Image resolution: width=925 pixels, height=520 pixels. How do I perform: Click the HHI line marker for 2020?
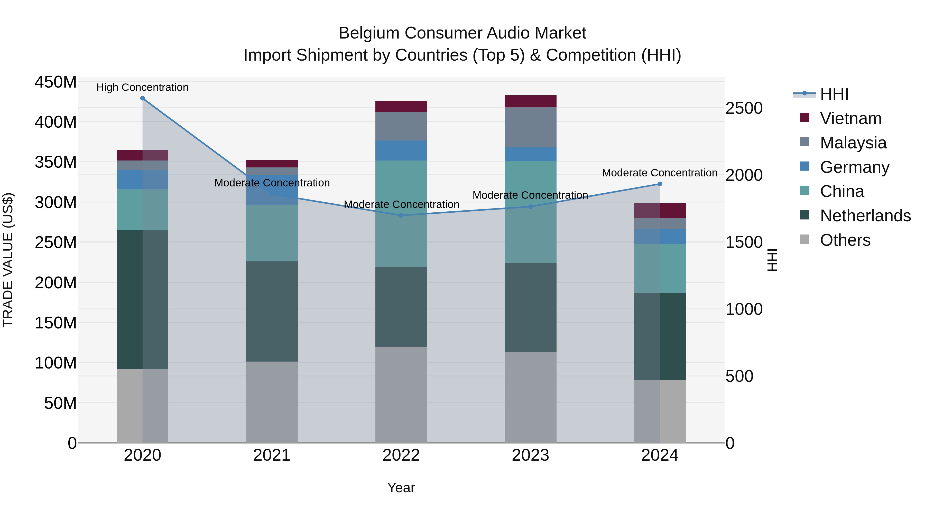143,98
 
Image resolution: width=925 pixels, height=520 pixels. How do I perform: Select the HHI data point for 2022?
401,215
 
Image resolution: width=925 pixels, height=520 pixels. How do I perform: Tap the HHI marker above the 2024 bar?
660,184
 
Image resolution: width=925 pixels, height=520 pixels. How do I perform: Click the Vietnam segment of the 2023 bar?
530,101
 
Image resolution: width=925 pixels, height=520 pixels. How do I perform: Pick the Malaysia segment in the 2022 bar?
401,126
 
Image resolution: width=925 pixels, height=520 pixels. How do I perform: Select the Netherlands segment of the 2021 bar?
272,311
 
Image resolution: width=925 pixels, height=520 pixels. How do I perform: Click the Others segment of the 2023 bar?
530,397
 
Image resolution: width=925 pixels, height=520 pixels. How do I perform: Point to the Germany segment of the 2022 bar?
401,150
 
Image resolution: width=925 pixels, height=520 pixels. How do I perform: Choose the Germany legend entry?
855,167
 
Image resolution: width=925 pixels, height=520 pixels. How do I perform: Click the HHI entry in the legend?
834,94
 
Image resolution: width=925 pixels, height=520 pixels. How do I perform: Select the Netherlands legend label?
865,216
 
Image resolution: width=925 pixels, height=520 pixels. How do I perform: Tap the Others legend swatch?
805,239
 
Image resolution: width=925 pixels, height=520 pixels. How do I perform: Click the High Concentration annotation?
143,88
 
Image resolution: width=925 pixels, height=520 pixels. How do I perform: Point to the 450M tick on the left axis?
56,82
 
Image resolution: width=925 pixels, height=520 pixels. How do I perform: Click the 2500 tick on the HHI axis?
744,108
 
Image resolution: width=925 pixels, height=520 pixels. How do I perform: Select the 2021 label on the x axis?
272,455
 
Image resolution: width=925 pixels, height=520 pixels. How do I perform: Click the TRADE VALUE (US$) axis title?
8,260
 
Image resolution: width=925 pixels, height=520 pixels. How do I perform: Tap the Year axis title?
401,488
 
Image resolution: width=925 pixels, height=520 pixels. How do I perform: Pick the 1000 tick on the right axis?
744,309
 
